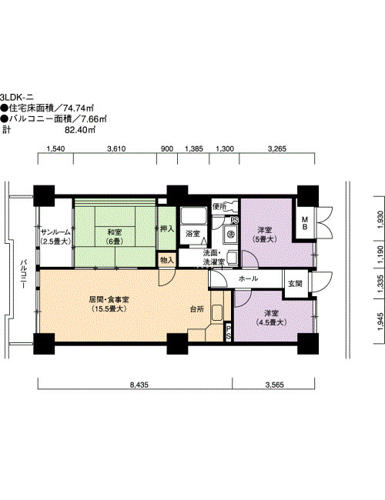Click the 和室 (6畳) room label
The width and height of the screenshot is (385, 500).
click(114, 236)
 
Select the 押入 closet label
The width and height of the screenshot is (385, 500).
click(167, 228)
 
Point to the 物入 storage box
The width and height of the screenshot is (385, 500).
click(167, 259)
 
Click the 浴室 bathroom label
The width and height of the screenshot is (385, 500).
click(192, 233)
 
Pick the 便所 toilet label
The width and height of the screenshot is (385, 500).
click(219, 206)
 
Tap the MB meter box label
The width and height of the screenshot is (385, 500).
click(305, 223)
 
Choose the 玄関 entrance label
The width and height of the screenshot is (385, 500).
click(295, 283)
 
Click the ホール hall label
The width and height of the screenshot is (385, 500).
click(248, 278)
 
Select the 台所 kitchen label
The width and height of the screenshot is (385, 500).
click(197, 308)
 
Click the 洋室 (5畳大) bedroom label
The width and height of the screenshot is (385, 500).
click(264, 235)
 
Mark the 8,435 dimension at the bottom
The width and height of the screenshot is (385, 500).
click(139, 385)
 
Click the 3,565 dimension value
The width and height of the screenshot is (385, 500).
click(275, 385)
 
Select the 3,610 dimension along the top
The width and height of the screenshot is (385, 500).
click(116, 148)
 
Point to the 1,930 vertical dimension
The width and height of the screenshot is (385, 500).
click(380, 219)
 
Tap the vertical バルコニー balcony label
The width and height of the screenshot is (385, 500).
click(23, 275)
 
